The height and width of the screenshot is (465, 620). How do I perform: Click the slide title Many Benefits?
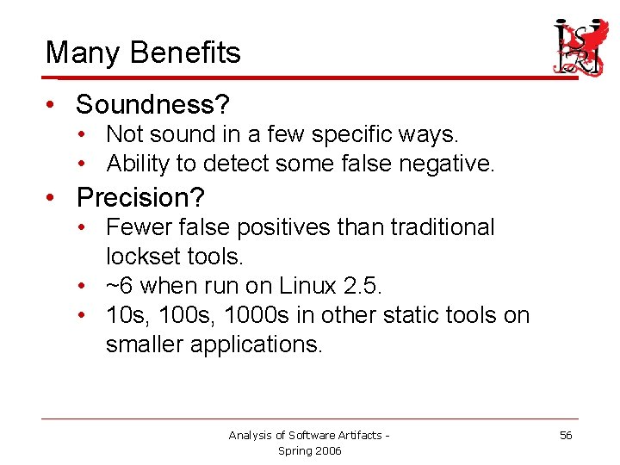pyautogui.click(x=143, y=53)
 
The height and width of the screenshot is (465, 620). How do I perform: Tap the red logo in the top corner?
pyautogui.click(x=579, y=47)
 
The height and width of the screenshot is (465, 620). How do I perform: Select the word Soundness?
pyautogui.click(x=152, y=105)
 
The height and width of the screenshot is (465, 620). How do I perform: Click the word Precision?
pyautogui.click(x=140, y=198)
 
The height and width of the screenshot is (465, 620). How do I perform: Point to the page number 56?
pyautogui.click(x=566, y=436)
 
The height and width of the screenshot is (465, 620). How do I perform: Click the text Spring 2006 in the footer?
pyautogui.click(x=309, y=450)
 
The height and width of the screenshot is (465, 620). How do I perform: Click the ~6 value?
pyautogui.click(x=119, y=285)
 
